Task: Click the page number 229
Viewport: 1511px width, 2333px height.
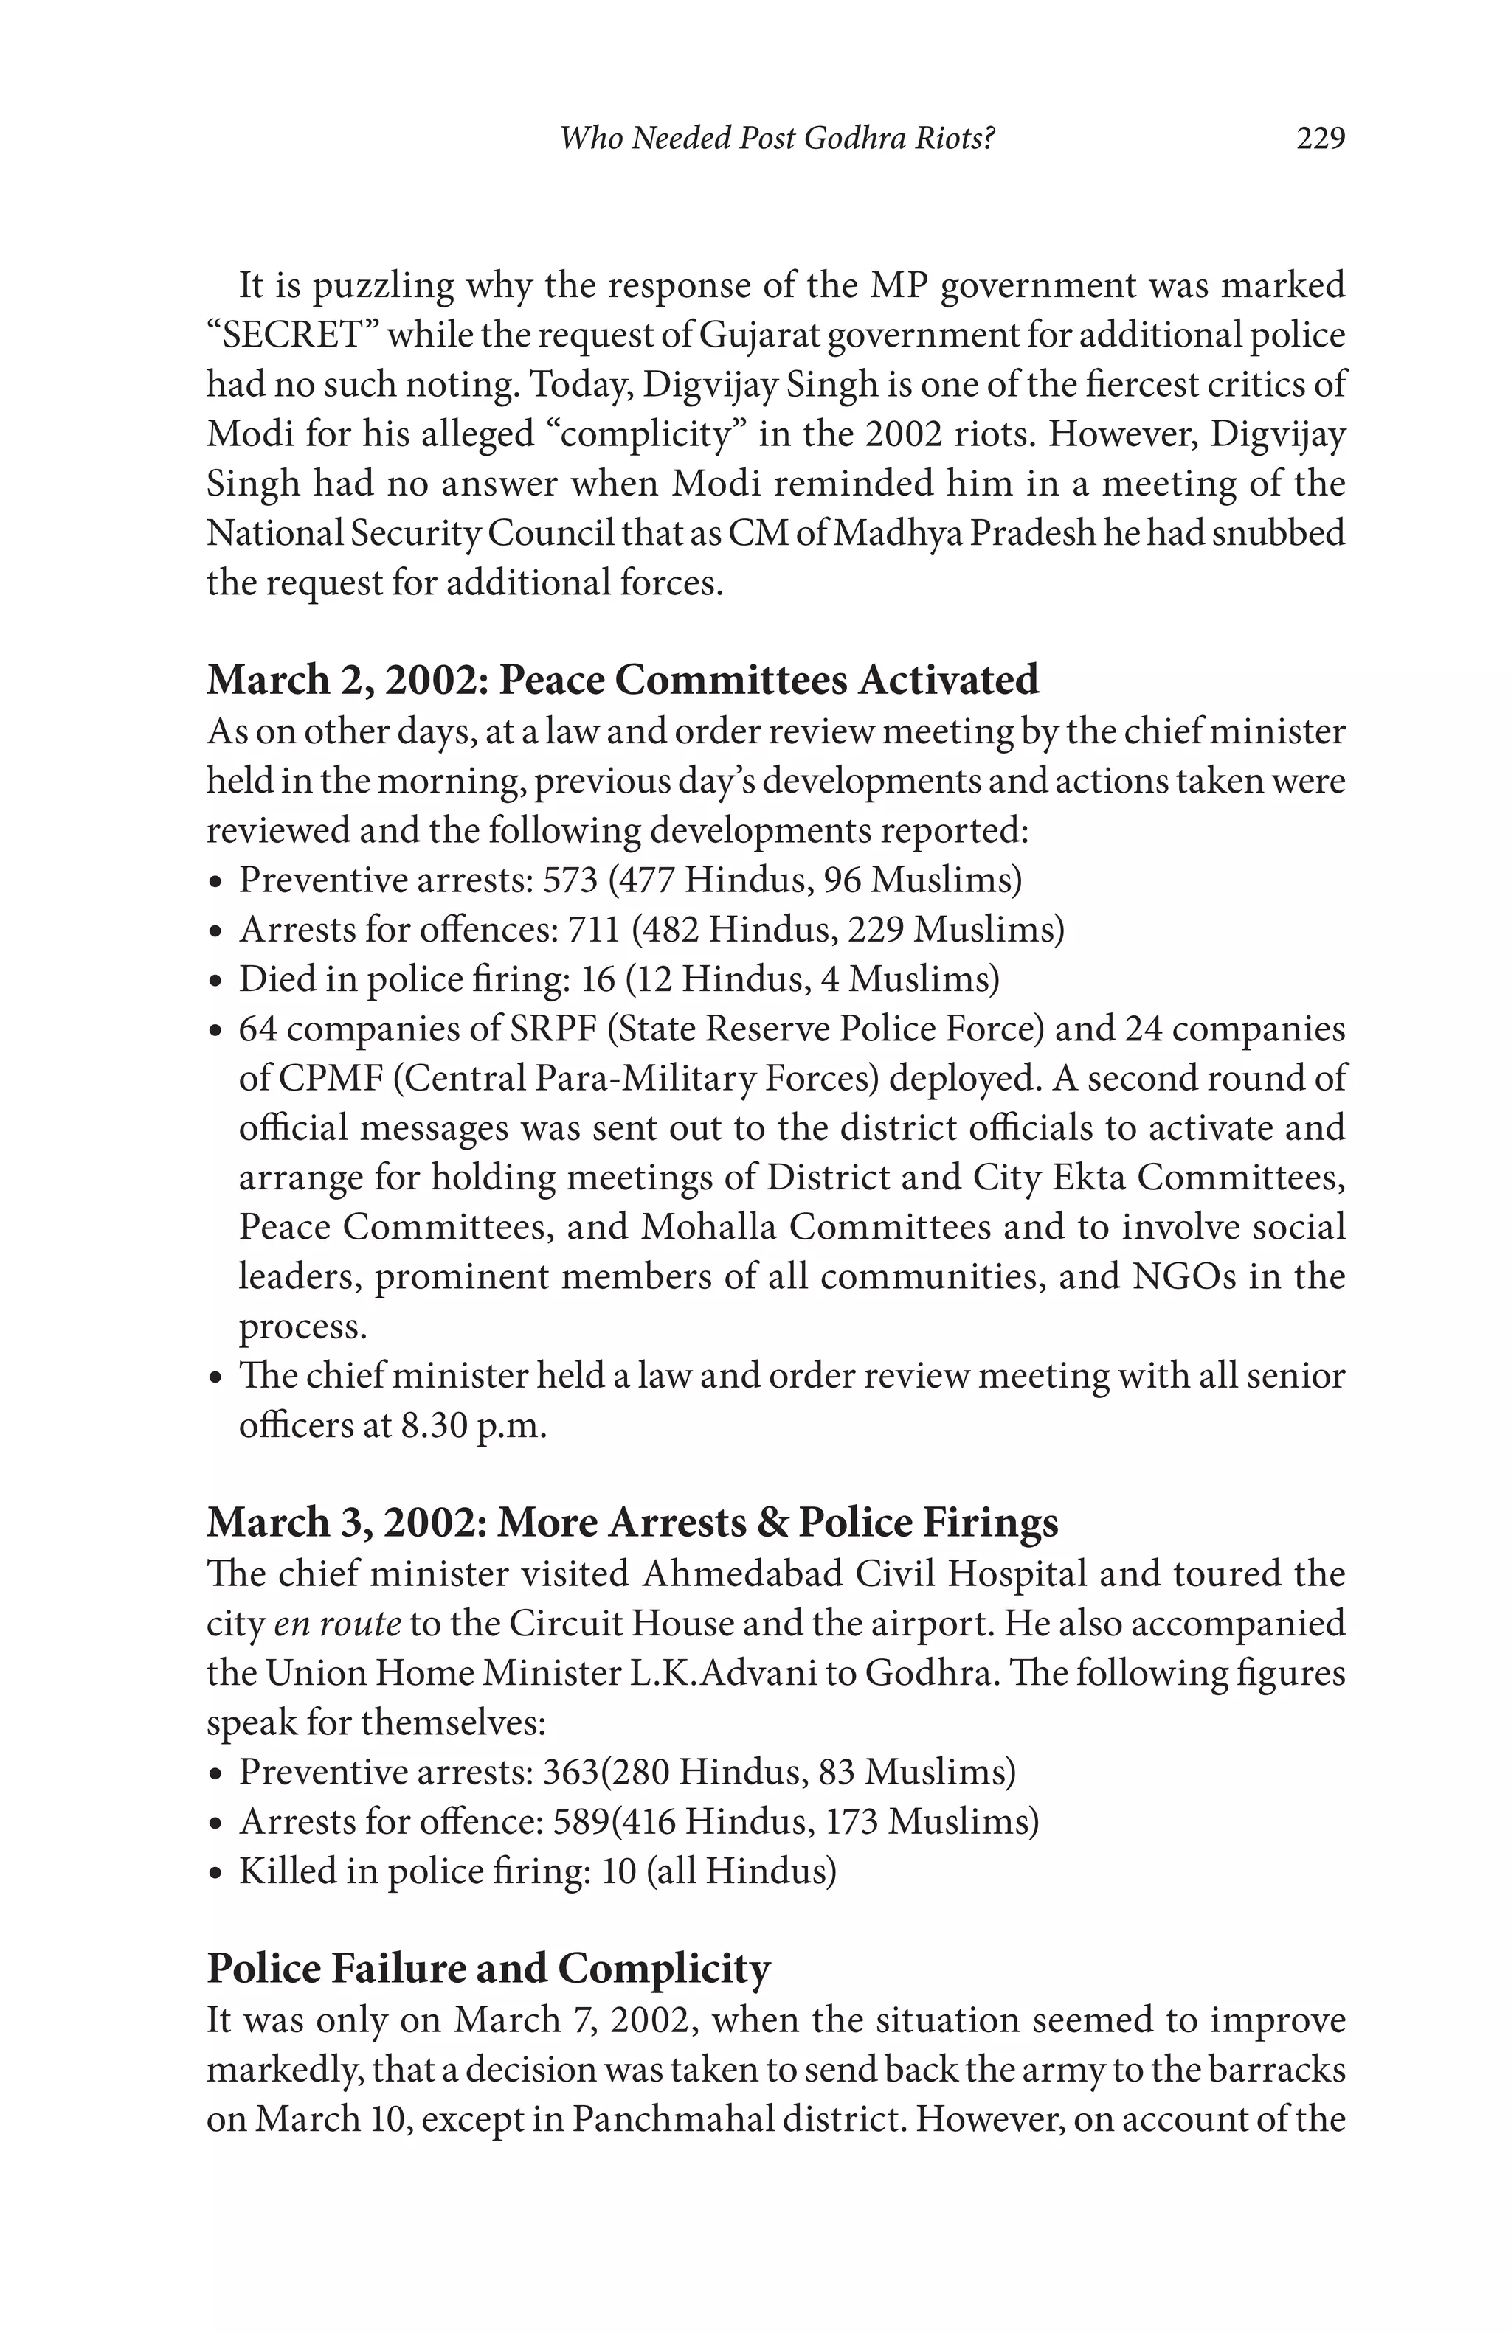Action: click(x=1320, y=139)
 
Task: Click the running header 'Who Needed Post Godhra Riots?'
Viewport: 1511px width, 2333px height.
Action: click(x=777, y=139)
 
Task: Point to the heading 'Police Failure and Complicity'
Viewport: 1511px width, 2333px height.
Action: click(x=488, y=1968)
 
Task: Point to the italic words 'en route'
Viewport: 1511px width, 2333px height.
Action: click(x=336, y=1624)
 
